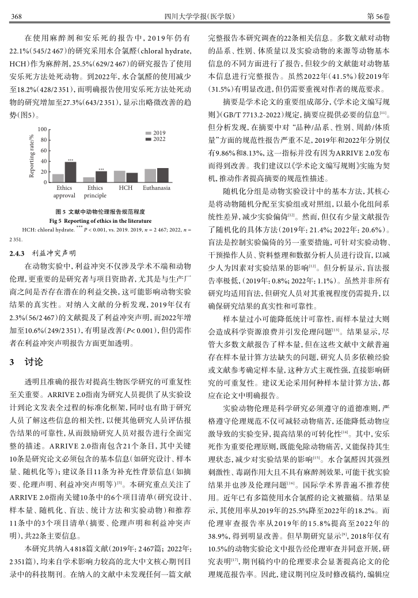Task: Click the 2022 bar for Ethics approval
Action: click(x=70, y=172)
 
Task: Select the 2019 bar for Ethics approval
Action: click(x=58, y=178)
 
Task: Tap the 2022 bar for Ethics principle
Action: click(x=101, y=177)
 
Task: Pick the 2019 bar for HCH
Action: click(x=120, y=176)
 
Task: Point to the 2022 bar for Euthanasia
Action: click(x=162, y=175)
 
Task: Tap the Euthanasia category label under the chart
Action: click(x=156, y=188)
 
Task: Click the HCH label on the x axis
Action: click(x=126, y=188)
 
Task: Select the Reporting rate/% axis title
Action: click(x=33, y=156)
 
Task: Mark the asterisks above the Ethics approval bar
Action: click(x=70, y=159)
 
